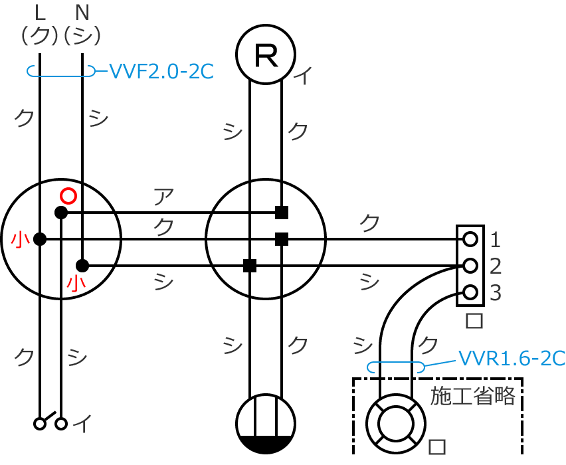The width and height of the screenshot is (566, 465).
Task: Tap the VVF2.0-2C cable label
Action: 161,72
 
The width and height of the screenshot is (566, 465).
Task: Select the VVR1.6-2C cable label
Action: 512,359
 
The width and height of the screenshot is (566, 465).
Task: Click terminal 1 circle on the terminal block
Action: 470,239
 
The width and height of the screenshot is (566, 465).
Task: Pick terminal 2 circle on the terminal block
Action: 470,266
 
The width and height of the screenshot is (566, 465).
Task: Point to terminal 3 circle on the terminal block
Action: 470,292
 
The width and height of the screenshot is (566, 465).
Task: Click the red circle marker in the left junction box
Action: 68,196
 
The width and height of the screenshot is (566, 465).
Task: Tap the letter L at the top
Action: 40,13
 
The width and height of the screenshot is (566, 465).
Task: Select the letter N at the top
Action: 82,13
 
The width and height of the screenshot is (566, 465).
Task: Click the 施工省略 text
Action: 472,396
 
